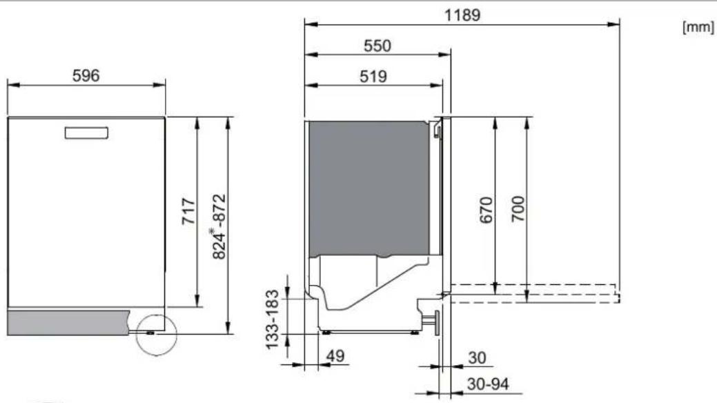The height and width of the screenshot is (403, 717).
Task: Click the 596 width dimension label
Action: tap(86, 75)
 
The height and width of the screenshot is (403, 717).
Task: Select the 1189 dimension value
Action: tap(462, 15)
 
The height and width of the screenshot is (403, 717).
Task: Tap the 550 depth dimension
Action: tap(377, 46)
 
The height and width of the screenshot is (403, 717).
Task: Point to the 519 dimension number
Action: tap(373, 77)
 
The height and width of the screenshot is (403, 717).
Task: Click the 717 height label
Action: tap(189, 211)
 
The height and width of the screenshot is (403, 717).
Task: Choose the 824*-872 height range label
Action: tap(219, 227)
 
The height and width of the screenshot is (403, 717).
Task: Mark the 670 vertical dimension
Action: tap(486, 210)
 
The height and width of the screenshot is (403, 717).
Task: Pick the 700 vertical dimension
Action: tap(518, 209)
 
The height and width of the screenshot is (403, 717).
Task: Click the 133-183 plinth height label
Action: tap(272, 320)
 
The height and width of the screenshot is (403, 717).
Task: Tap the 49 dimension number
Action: tap(335, 356)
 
